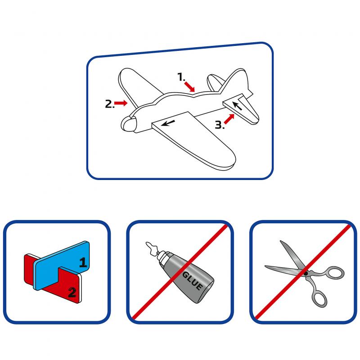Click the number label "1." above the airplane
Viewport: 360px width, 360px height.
click(x=181, y=77)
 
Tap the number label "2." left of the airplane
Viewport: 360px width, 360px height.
click(x=109, y=104)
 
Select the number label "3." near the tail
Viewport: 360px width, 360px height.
click(x=220, y=125)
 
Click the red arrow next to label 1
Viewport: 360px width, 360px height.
click(x=189, y=86)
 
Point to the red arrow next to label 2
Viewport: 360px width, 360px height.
click(x=121, y=103)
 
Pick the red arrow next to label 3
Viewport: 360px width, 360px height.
click(x=229, y=119)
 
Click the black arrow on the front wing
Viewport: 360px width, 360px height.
click(x=168, y=123)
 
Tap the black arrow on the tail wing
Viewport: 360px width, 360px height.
click(x=237, y=106)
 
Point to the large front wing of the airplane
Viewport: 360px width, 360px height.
click(x=195, y=140)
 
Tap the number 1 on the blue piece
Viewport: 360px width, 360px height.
click(x=83, y=262)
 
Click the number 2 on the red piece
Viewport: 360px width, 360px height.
click(x=72, y=292)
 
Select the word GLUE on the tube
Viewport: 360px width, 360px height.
click(x=193, y=280)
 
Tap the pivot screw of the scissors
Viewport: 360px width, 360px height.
click(x=306, y=274)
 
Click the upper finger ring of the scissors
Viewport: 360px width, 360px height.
click(x=336, y=273)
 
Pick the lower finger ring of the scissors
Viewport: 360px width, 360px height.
click(x=319, y=298)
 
